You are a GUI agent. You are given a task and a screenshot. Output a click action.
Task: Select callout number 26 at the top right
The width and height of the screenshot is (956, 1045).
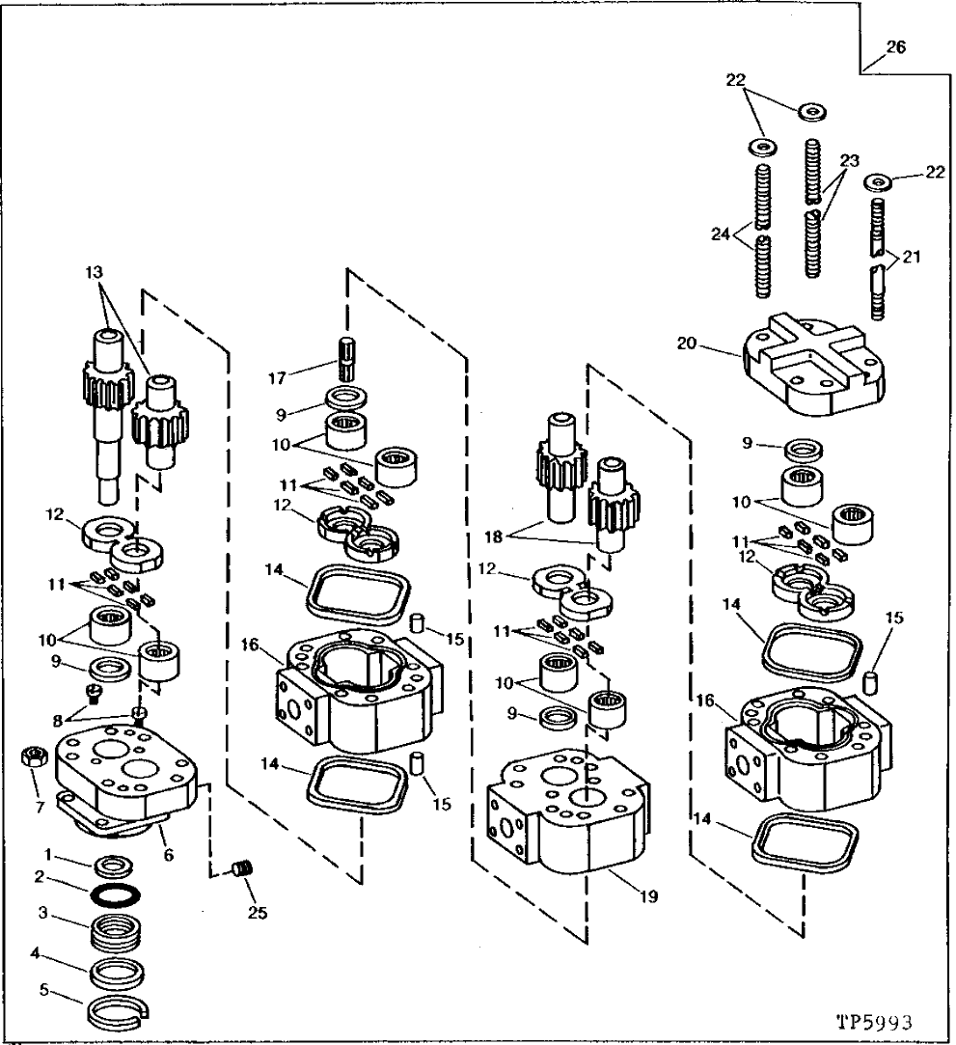[x=895, y=46]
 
